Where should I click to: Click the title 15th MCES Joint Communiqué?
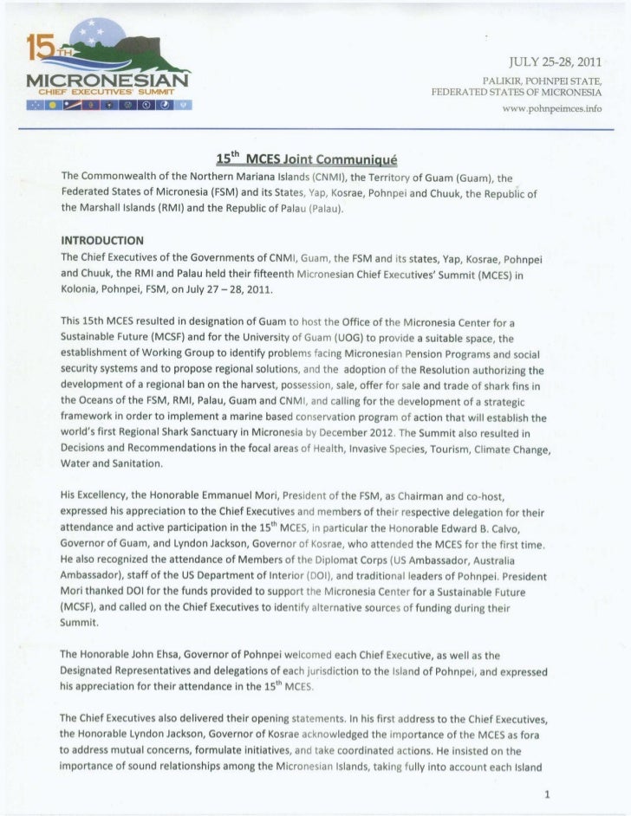coord(304,159)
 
